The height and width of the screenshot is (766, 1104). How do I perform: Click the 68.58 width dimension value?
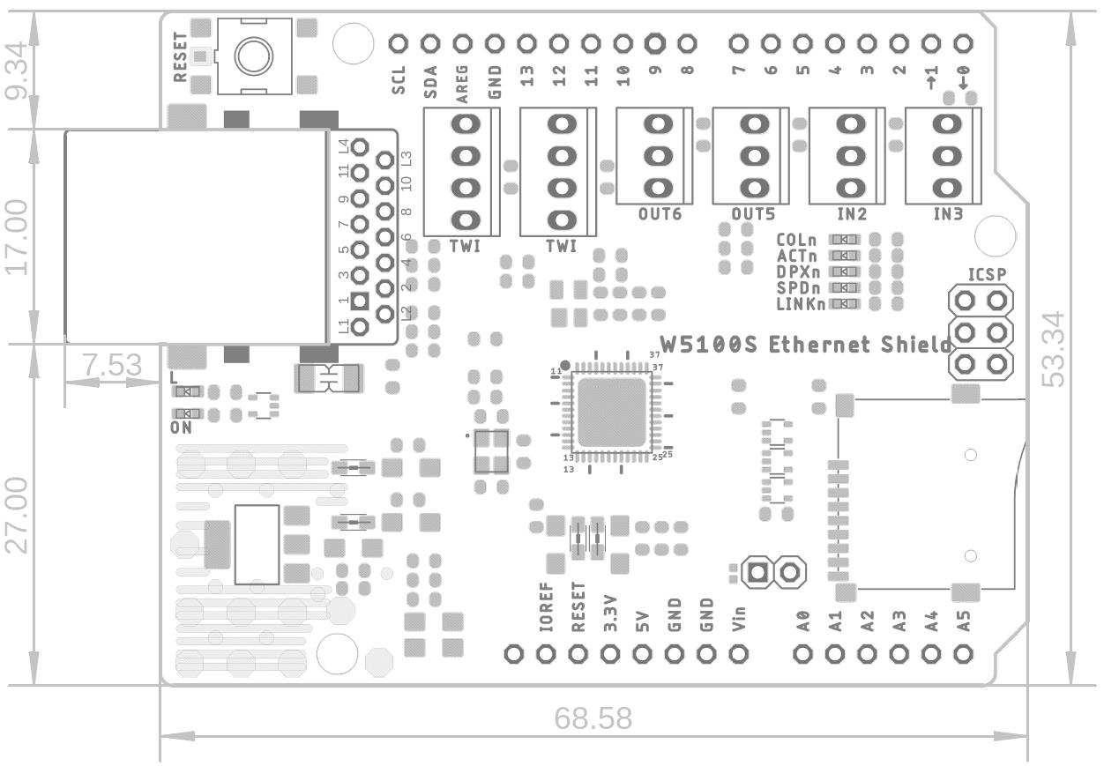[593, 718]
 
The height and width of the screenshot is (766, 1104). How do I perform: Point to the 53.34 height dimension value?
[1056, 349]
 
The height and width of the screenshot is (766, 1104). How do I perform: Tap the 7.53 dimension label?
[112, 365]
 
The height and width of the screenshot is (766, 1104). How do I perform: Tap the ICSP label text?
[987, 274]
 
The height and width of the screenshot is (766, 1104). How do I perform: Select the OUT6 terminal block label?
[660, 213]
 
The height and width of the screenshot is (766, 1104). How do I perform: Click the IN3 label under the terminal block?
[948, 213]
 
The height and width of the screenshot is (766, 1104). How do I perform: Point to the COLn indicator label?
[797, 240]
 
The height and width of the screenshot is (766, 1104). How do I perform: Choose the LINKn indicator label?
[801, 304]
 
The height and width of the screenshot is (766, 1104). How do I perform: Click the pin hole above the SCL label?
[398, 42]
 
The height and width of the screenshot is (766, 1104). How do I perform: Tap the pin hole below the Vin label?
[739, 654]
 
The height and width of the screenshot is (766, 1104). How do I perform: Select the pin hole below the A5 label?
[964, 654]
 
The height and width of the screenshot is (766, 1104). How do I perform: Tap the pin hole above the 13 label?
[526, 42]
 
